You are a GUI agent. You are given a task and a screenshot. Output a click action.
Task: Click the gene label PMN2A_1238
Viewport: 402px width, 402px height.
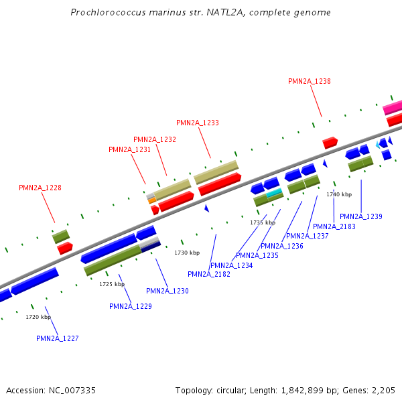(310, 81)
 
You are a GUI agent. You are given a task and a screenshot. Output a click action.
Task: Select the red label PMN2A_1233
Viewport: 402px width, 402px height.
(198, 123)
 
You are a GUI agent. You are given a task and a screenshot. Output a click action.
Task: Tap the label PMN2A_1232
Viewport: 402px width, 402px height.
(155, 139)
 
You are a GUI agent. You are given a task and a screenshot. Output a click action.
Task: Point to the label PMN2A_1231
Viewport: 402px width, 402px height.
(130, 149)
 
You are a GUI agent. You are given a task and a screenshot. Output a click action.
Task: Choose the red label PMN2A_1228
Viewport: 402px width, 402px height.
(40, 188)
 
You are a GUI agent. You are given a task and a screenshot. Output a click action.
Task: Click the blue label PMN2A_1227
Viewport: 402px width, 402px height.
(58, 338)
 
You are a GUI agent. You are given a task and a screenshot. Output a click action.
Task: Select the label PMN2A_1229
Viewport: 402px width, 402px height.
(131, 306)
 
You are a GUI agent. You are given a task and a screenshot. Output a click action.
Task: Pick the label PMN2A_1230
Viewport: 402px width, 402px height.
(167, 291)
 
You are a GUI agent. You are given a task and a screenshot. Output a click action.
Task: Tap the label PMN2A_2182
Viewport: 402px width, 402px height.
(209, 274)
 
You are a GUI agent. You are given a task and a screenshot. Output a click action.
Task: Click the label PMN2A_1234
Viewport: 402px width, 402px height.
(232, 265)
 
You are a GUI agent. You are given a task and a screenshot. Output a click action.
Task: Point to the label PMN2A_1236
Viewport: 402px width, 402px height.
(282, 246)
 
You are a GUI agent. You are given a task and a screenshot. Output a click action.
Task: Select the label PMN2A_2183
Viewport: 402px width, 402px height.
(334, 226)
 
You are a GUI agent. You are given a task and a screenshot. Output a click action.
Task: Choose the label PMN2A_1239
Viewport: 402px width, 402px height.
(361, 216)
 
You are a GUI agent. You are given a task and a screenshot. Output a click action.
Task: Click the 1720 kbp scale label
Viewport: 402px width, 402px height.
(38, 317)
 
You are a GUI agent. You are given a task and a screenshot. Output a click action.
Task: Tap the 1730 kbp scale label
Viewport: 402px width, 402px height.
(187, 253)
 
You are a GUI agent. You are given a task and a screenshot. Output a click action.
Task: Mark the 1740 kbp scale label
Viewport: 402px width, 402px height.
(339, 194)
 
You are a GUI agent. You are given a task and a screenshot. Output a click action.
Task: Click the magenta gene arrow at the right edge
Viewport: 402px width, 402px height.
(393, 107)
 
